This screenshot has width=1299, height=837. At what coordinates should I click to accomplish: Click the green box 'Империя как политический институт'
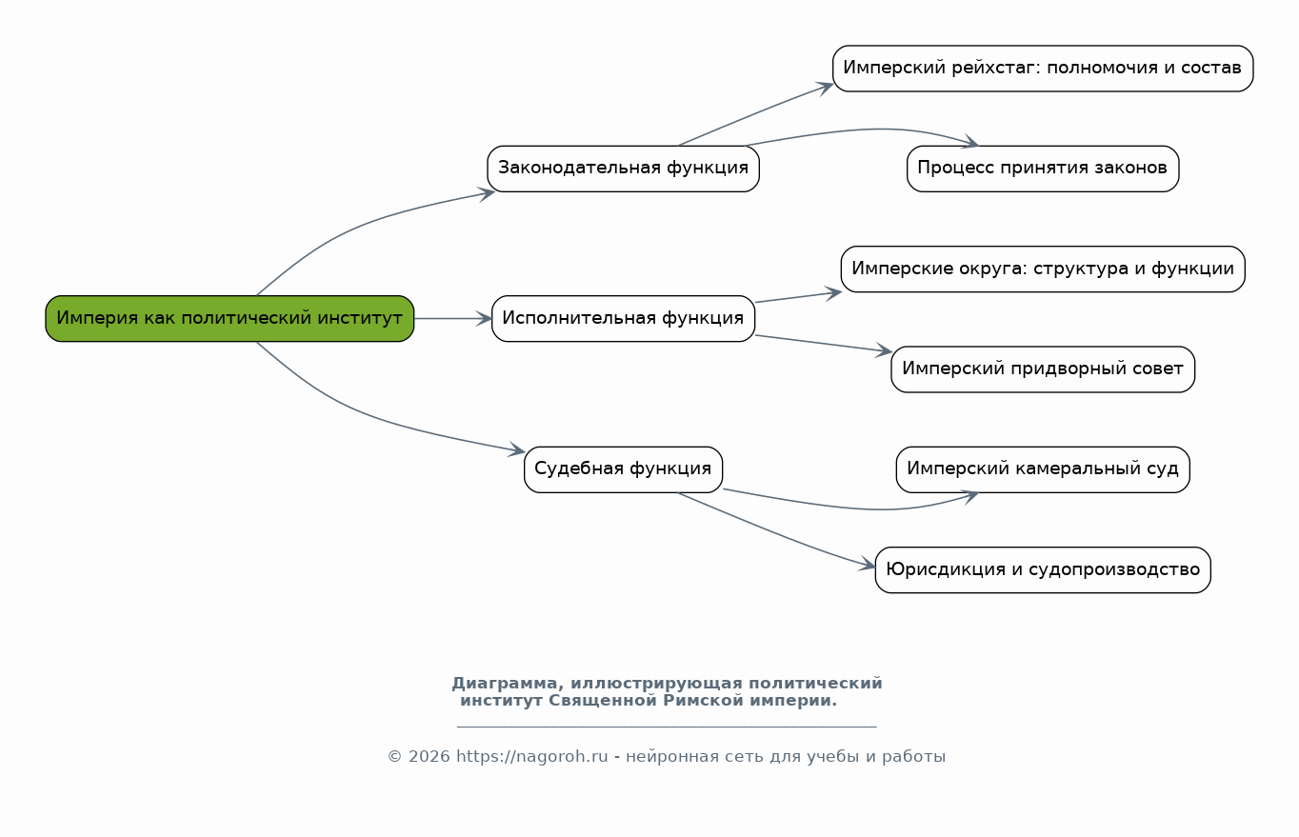[230, 319]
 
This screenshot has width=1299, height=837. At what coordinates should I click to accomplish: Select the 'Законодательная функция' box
[624, 169]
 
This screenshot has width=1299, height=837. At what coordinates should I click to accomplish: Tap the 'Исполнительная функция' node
[624, 319]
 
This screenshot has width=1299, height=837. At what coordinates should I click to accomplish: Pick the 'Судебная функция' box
[624, 469]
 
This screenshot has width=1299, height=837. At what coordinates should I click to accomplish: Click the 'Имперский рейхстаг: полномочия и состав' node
[1043, 69]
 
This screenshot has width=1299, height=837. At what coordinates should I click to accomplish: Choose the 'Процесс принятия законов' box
[1043, 169]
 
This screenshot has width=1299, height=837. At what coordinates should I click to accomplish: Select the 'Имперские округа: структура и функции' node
[1043, 269]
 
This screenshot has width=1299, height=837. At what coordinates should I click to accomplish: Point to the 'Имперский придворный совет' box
[1043, 369]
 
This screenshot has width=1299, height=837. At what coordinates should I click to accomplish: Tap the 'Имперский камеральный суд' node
[1043, 469]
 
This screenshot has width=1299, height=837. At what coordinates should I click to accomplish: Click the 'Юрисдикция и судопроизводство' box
[1043, 569]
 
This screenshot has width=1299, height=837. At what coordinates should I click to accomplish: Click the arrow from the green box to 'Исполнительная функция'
[453, 319]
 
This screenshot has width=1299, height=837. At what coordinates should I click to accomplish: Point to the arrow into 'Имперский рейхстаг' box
[754, 114]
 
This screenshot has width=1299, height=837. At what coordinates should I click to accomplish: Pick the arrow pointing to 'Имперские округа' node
[798, 297]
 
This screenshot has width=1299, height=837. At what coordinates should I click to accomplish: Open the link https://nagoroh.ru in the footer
[531, 756]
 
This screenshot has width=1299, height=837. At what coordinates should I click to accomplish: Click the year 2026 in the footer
[430, 756]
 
